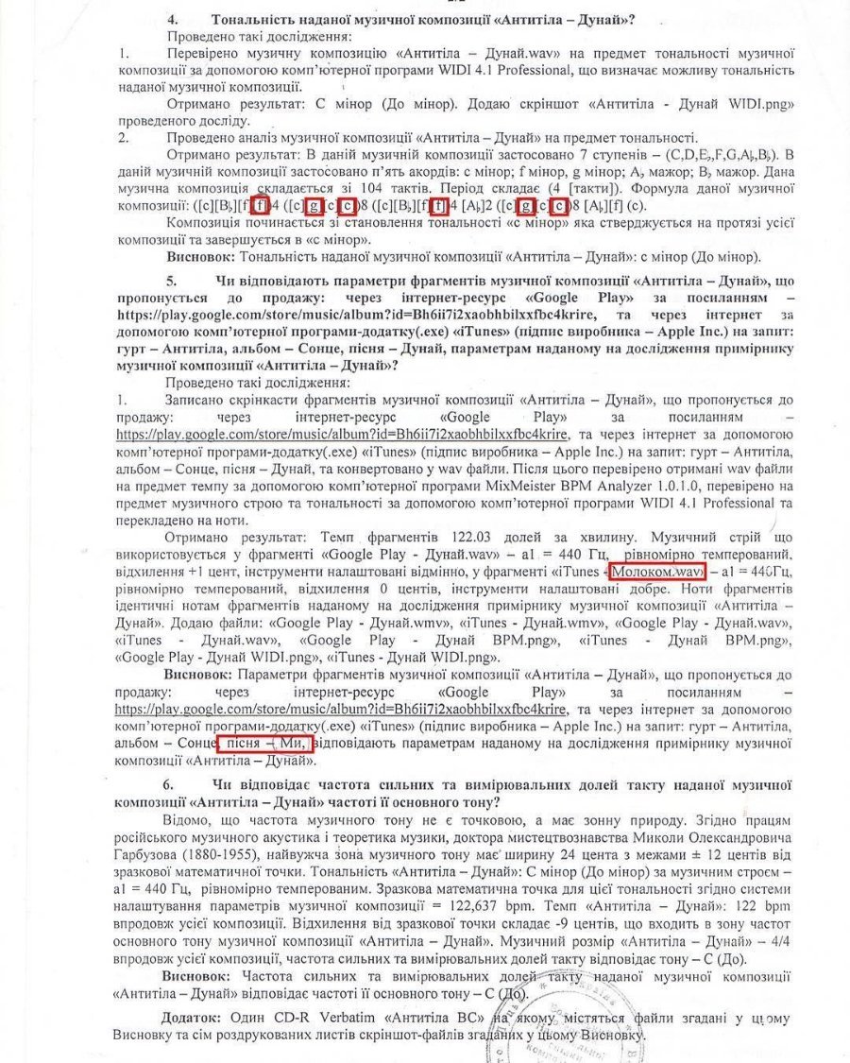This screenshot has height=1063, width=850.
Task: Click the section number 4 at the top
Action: [171, 20]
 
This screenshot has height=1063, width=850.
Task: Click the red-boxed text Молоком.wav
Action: [657, 573]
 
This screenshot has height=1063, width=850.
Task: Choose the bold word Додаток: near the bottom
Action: [194, 1016]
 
